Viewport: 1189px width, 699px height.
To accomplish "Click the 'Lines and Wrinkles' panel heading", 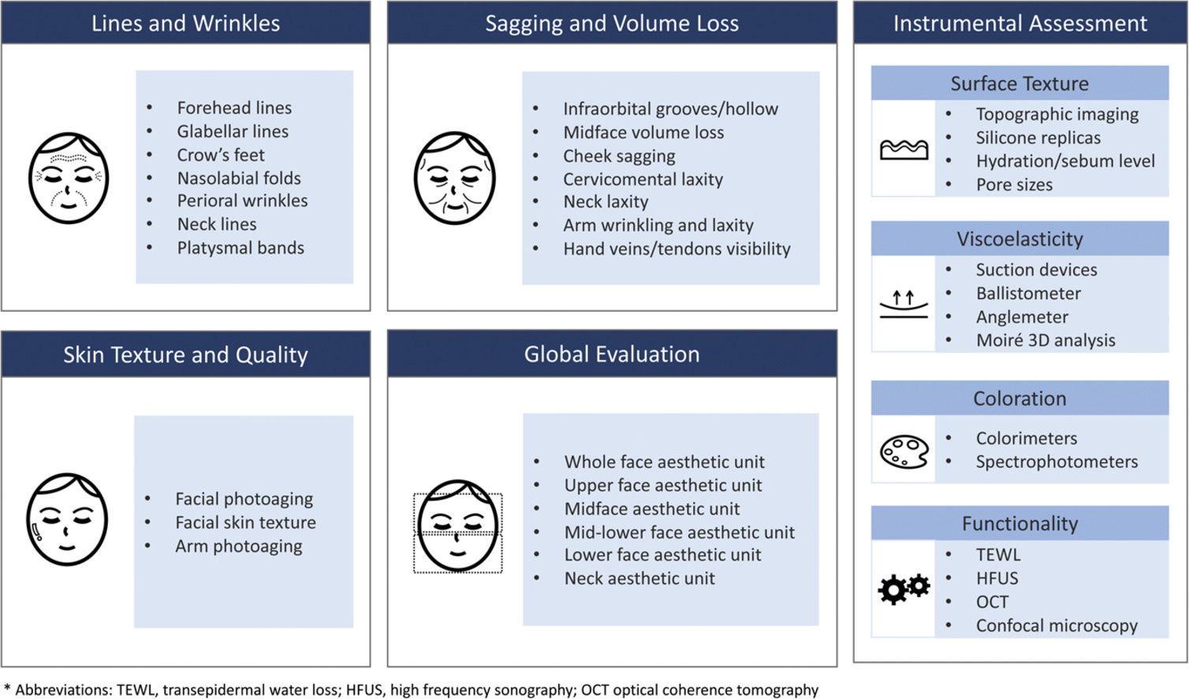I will coord(185,23).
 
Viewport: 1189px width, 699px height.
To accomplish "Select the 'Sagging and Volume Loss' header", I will coord(612,23).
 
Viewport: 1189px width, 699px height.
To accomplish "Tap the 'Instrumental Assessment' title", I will coord(1019,23).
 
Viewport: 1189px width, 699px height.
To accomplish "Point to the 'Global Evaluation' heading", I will coord(612,354).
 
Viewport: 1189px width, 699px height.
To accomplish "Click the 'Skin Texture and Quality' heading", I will coord(185,355).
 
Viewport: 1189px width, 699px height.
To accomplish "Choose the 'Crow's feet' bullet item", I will coord(221,155).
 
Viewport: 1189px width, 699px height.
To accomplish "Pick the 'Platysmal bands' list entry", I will coord(240,248).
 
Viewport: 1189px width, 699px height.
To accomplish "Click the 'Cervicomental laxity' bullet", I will coord(643,179).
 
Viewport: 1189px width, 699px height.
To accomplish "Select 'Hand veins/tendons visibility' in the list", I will coord(676,249).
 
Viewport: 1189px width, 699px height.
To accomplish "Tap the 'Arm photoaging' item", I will coord(238,546).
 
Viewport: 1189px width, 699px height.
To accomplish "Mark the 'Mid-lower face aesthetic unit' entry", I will coord(679,533).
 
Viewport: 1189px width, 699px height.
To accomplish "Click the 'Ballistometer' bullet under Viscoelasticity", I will coord(1028,293).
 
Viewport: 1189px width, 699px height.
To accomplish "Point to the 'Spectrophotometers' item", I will coord(1057,462).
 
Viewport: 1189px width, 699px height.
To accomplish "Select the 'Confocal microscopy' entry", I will coord(1057,626).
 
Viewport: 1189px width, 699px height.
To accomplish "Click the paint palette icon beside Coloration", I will coord(904,452).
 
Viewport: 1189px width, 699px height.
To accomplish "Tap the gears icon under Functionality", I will coord(904,589).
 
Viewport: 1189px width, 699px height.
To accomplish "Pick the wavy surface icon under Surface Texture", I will coord(904,149).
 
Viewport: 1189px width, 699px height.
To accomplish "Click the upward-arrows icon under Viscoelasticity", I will coord(904,305).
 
